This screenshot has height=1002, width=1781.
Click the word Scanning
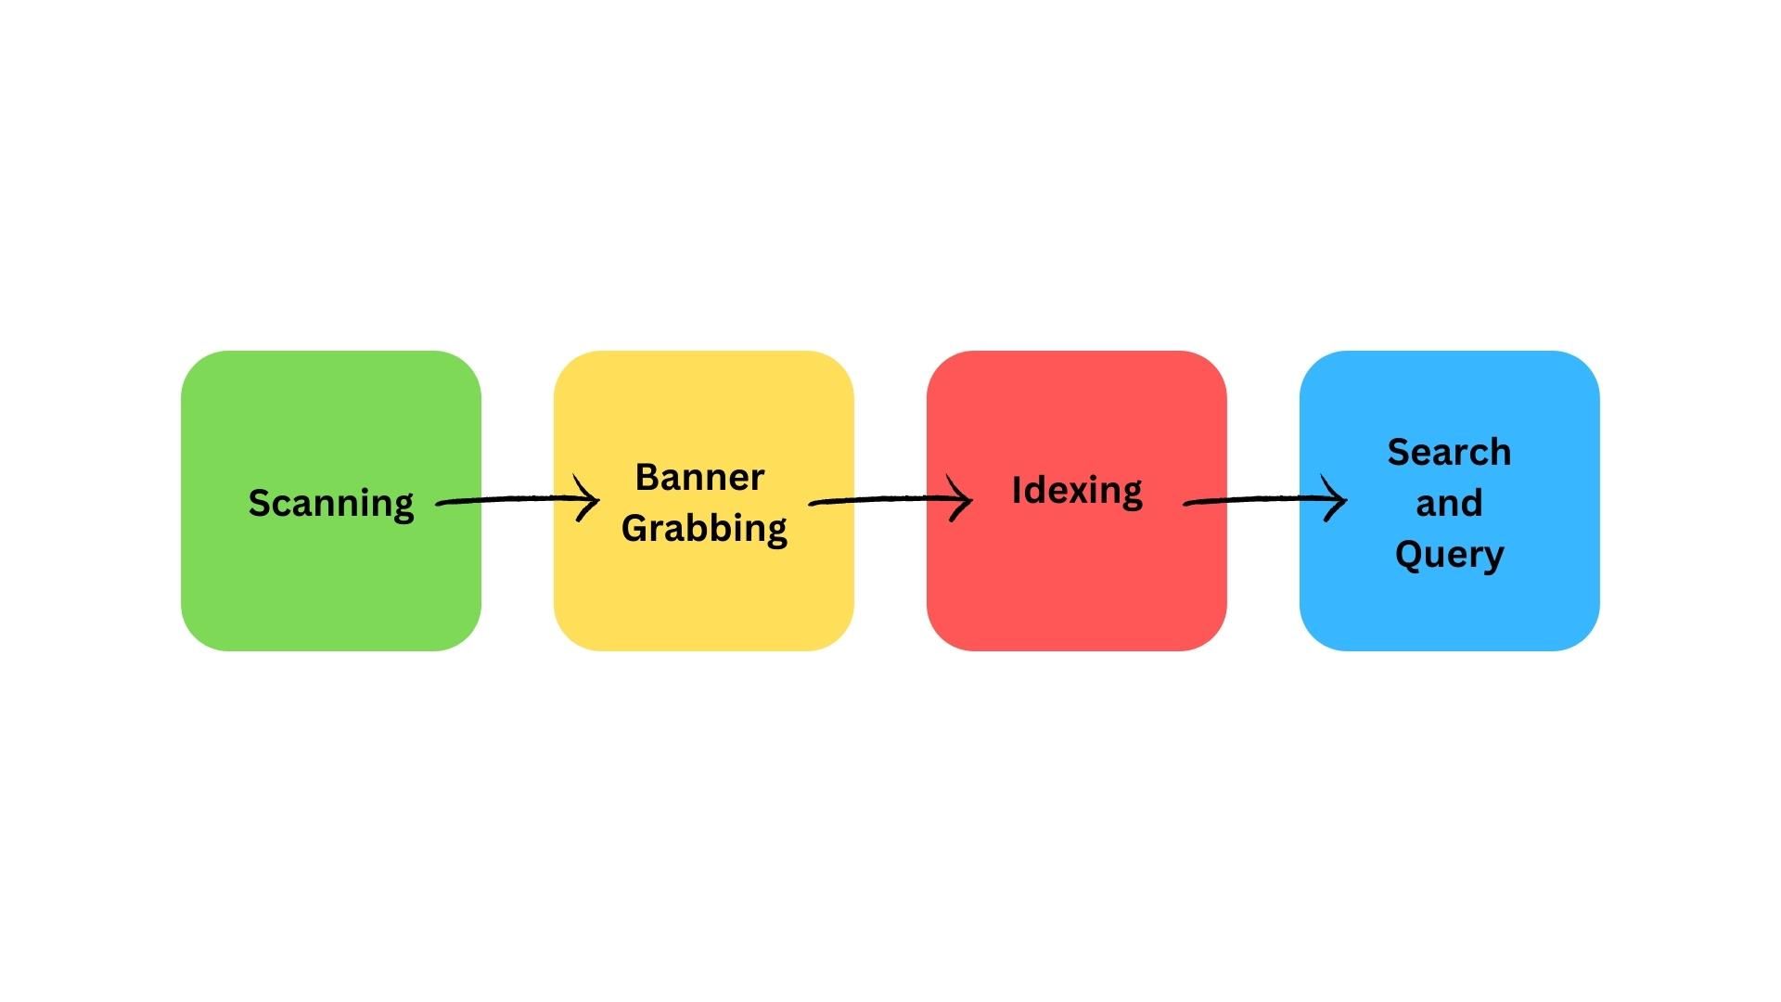(331, 504)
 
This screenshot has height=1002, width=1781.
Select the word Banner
(699, 478)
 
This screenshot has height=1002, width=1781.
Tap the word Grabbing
(704, 529)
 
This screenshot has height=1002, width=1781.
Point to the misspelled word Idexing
(1077, 491)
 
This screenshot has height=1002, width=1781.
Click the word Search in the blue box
(1449, 453)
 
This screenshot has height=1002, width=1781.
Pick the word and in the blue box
(1449, 504)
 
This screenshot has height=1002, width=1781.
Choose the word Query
(1449, 555)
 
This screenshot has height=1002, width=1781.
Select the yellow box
(704, 594)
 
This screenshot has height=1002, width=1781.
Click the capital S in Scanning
(260, 503)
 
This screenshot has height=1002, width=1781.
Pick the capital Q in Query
(1408, 554)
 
